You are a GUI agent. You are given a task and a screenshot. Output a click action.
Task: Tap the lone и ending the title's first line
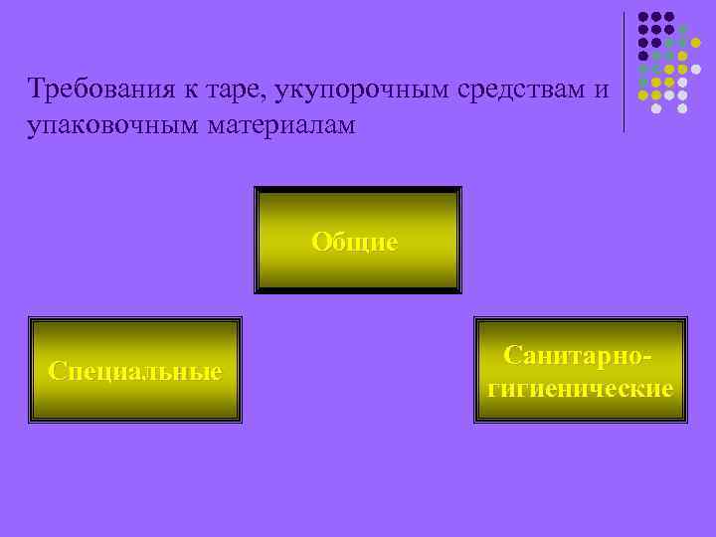click(x=602, y=90)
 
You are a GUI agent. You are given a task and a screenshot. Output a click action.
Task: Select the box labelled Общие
click(x=358, y=241)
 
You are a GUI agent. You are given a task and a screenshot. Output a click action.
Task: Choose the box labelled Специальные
click(x=135, y=371)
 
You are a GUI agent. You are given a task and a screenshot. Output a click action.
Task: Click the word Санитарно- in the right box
click(x=581, y=355)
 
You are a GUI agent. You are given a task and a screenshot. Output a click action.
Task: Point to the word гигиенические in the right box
click(x=581, y=387)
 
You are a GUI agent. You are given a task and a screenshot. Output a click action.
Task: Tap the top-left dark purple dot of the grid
click(x=643, y=17)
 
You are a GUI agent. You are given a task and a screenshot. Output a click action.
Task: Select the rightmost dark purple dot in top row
click(x=669, y=17)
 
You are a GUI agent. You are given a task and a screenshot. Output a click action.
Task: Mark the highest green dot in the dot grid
click(x=682, y=30)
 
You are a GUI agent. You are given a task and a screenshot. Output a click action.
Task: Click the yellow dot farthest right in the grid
click(x=695, y=43)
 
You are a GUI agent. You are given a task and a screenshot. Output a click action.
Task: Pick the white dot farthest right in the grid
click(x=695, y=70)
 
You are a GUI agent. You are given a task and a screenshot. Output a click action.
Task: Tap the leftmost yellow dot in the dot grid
click(x=643, y=95)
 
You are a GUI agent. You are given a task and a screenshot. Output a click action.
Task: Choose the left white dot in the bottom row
click(x=656, y=108)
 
